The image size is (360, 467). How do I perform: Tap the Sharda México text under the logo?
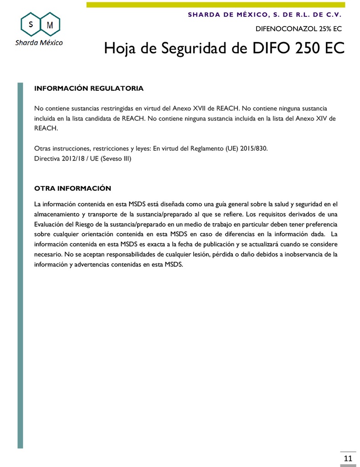[x=39, y=42]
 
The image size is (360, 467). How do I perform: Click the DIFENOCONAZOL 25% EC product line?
[x=298, y=28]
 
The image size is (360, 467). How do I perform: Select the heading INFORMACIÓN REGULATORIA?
[x=89, y=88]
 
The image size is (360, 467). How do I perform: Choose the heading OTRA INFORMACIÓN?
[x=73, y=188]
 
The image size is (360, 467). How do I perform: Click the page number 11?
[x=348, y=458]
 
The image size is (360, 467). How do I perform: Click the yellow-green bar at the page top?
[x=216, y=5]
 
